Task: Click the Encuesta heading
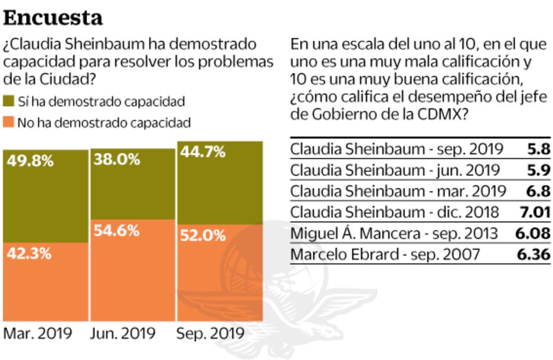click(x=53, y=17)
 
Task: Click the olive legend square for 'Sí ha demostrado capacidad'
click(x=9, y=102)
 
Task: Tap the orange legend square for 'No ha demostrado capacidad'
click(x=9, y=123)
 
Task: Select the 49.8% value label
click(x=30, y=161)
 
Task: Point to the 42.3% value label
click(x=30, y=253)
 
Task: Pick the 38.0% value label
click(x=117, y=159)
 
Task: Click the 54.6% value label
click(x=117, y=230)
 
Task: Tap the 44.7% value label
click(x=203, y=152)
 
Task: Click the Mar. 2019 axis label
click(x=38, y=334)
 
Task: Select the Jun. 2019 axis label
click(x=123, y=334)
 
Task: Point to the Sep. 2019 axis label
click(x=209, y=334)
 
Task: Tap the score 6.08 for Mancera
click(x=532, y=233)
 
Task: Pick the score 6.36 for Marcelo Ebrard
click(x=532, y=254)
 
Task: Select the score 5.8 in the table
click(x=538, y=149)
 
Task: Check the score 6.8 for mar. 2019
click(x=538, y=191)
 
